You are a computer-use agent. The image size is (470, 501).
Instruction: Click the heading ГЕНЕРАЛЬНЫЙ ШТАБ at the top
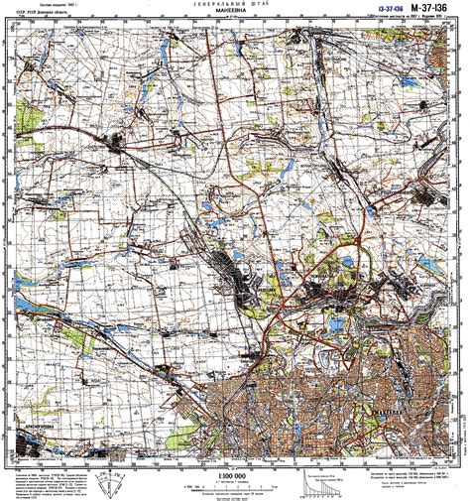click(234, 6)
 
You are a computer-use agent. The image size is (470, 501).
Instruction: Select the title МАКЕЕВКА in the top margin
click(234, 16)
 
